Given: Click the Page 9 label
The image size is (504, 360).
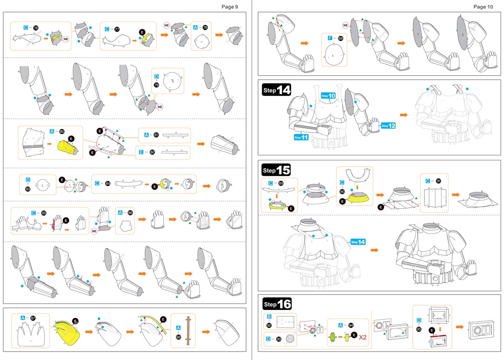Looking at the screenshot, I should (x=230, y=7).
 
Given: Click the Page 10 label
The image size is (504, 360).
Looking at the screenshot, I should (x=483, y=7).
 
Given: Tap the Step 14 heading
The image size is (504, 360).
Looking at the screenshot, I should (x=276, y=90).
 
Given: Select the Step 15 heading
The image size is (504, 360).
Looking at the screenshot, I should (x=276, y=171).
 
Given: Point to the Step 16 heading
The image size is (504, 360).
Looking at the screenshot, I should (x=276, y=304).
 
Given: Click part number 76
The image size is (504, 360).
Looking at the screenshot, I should (x=36, y=28).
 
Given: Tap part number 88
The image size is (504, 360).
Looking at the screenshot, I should (x=340, y=39).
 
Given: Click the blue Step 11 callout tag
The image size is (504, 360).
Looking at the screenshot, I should (x=302, y=137).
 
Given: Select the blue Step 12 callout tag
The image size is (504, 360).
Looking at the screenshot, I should (x=388, y=126).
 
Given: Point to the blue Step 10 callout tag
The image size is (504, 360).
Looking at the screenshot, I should (x=328, y=96).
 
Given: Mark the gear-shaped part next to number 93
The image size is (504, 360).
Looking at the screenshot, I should (x=291, y=338).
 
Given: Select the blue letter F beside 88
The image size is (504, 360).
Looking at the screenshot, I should (x=330, y=39).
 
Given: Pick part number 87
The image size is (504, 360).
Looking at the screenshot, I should (x=33, y=318).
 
